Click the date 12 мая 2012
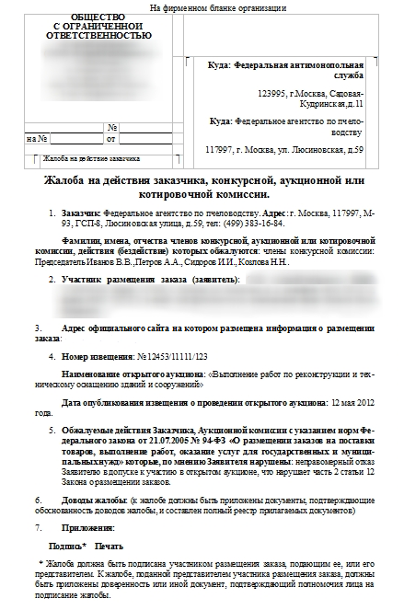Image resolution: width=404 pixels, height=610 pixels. (x=349, y=402)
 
